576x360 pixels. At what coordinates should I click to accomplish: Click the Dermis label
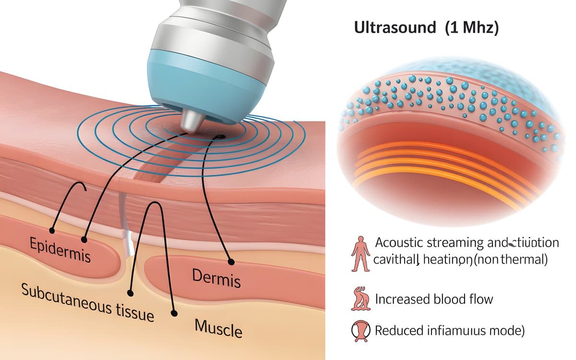(x=216, y=278)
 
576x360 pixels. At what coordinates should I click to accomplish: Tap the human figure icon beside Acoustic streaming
(x=360, y=253)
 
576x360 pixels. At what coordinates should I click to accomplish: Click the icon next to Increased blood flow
(x=360, y=300)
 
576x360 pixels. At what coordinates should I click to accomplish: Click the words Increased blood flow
(x=434, y=300)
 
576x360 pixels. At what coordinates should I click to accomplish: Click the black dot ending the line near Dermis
(x=231, y=262)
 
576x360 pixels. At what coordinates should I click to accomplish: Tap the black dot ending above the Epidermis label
(x=84, y=239)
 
